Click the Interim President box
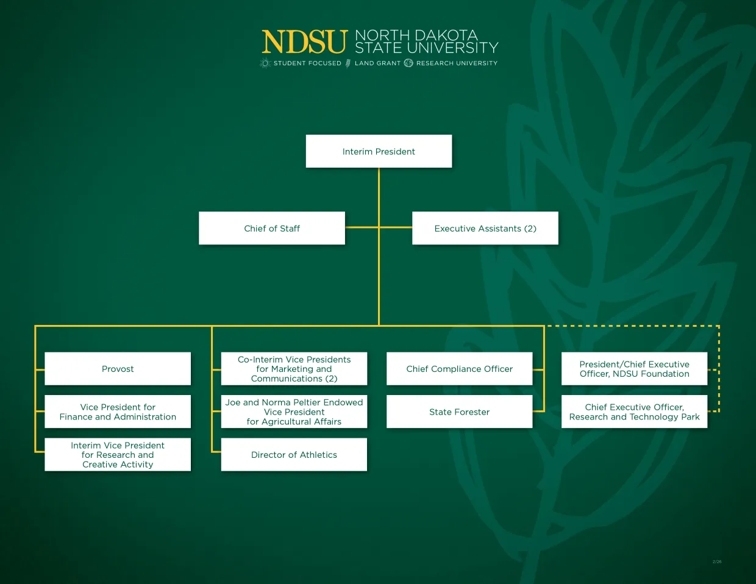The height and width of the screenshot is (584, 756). pyautogui.click(x=379, y=151)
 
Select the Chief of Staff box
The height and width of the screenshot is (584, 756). pyautogui.click(x=272, y=228)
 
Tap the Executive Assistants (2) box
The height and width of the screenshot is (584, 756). pyautogui.click(x=485, y=228)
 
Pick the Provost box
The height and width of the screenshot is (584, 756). pyautogui.click(x=118, y=369)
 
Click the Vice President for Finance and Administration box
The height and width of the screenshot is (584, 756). pyautogui.click(x=118, y=411)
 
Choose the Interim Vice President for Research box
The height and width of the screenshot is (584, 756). pyautogui.click(x=118, y=455)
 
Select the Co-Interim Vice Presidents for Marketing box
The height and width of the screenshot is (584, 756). pyautogui.click(x=294, y=369)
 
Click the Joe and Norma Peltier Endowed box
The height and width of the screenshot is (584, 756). pyautogui.click(x=294, y=411)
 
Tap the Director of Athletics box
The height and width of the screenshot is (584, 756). pyautogui.click(x=294, y=455)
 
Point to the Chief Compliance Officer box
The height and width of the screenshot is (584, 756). pyautogui.click(x=460, y=369)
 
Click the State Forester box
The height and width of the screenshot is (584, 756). pyautogui.click(x=460, y=411)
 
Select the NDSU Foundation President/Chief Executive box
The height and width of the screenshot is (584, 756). pyautogui.click(x=634, y=369)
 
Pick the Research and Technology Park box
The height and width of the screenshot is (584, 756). pyautogui.click(x=634, y=411)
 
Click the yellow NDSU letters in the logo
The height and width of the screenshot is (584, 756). pyautogui.click(x=304, y=43)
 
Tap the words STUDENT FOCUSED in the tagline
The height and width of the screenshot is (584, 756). pyautogui.click(x=307, y=63)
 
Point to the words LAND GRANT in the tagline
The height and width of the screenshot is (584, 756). pyautogui.click(x=377, y=63)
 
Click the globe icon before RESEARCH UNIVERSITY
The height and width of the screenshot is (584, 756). pyautogui.click(x=408, y=63)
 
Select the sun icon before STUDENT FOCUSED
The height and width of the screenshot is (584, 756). pyautogui.click(x=265, y=63)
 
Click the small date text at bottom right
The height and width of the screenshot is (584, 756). pyautogui.click(x=717, y=561)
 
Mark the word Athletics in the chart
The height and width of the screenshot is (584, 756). pyautogui.click(x=318, y=455)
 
